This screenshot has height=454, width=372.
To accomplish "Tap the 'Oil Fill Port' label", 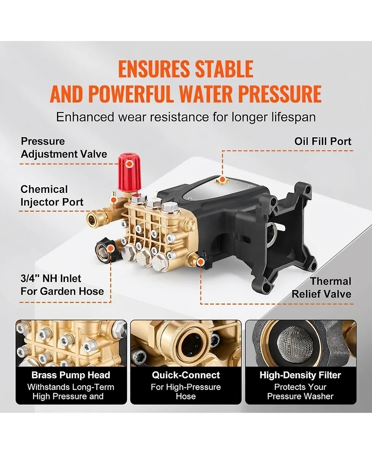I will pos(323,141).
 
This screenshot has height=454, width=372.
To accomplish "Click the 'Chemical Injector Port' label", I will pos(52,196).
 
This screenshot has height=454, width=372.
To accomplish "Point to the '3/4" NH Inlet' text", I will pos(51,279).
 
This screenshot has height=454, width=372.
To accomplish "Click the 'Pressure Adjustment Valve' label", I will pos(64,147).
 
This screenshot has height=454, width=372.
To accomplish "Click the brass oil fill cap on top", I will pos(223,179).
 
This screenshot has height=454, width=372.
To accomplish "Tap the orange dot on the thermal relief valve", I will pos(200,263).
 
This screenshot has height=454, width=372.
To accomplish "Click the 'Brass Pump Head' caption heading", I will pos(71,375).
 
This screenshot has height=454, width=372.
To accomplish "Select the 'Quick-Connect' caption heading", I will pos(186,375).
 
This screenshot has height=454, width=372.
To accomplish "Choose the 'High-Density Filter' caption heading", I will pos(300,375).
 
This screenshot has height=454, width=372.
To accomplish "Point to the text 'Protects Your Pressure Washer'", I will pos(300,392).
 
